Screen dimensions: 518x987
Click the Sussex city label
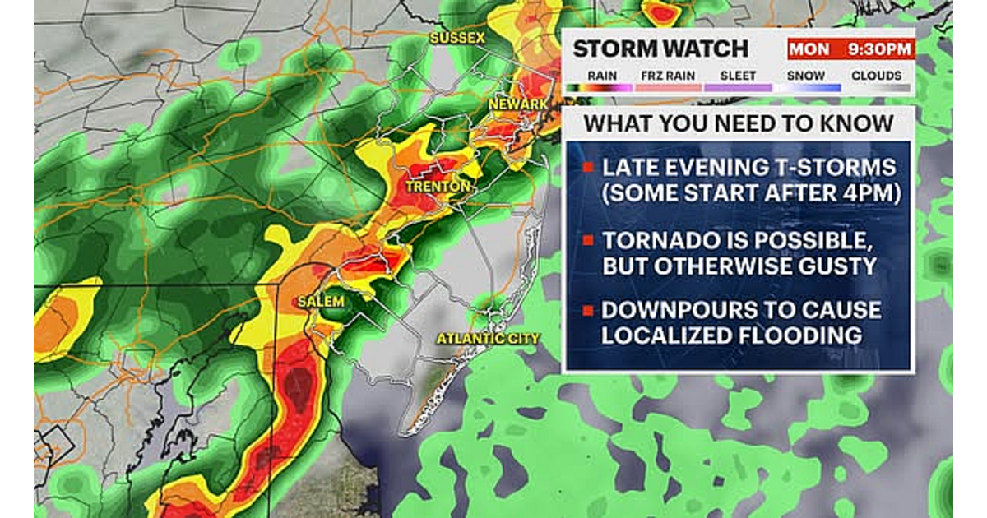[x=458, y=38]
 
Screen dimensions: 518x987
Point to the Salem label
[x=321, y=302]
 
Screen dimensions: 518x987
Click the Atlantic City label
[x=488, y=338]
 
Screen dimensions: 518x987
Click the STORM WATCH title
[x=660, y=49]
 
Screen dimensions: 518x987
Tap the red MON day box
[x=809, y=49]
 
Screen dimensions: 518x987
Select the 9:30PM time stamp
[x=880, y=49]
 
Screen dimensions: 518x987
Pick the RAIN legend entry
[x=600, y=76]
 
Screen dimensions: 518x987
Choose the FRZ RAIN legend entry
[x=668, y=76]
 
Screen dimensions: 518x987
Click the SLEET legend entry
[x=737, y=76]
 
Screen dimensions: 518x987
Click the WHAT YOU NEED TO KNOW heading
[x=738, y=123]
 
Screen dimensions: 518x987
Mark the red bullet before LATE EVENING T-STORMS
[x=588, y=169]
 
